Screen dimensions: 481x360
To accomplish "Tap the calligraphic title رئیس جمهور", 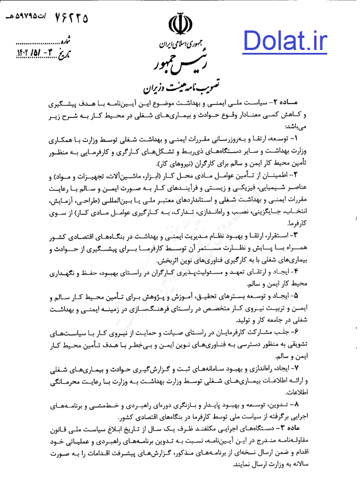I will click(180, 61).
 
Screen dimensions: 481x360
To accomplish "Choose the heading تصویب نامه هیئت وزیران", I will click(180, 86).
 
